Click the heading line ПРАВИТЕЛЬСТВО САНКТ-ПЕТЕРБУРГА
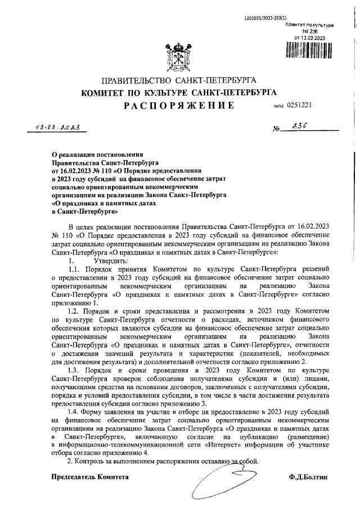(178, 80)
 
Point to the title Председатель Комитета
(90, 476)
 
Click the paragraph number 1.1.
(75, 269)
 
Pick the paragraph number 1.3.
(75, 371)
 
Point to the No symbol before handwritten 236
(277, 129)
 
